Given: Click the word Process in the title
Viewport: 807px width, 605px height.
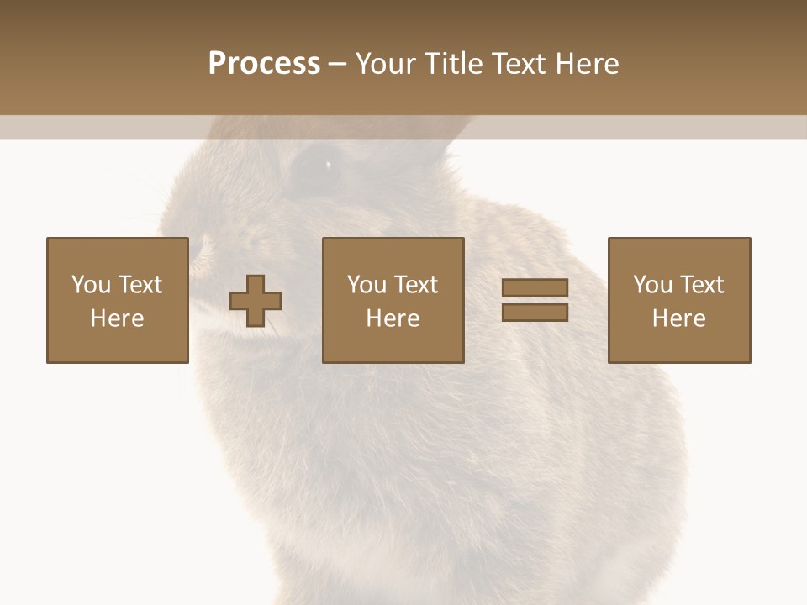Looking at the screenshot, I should [264, 64].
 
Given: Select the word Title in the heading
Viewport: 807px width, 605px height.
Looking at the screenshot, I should [454, 64].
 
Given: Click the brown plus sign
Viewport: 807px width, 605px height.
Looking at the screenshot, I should [256, 300].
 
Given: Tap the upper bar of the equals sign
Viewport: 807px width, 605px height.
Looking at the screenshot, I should [535, 288].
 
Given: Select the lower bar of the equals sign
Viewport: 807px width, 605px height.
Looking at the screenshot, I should [535, 312].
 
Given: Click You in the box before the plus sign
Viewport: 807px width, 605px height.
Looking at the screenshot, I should [91, 285].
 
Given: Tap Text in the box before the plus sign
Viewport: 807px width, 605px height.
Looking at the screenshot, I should [139, 285].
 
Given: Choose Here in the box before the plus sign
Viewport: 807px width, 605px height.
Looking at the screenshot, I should [117, 318].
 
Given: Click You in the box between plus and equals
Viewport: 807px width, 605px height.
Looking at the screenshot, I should [367, 285].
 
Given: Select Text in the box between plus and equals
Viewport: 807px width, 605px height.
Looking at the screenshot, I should [415, 285].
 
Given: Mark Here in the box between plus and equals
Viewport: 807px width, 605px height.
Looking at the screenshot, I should [393, 318].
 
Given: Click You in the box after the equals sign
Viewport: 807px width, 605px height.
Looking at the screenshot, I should [652, 285].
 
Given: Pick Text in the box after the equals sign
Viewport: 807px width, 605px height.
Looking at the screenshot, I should [701, 285].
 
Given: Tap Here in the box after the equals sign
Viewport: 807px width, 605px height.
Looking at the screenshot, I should [678, 318].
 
